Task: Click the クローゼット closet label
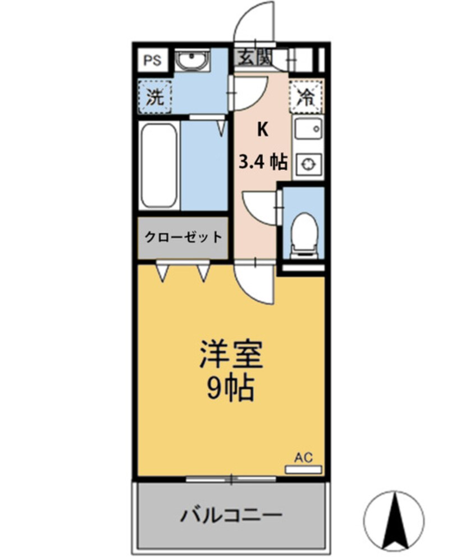pos(183,237)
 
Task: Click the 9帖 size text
pos(231,388)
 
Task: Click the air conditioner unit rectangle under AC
pos(303,469)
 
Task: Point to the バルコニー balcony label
pos(230,514)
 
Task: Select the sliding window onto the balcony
pos(231,479)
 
